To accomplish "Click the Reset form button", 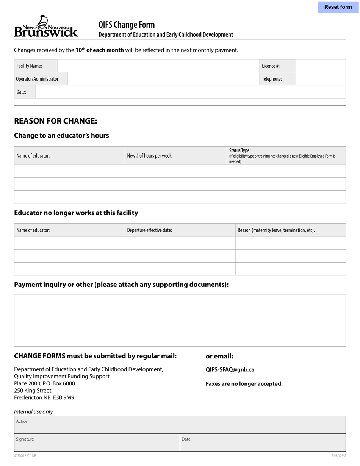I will [338, 7].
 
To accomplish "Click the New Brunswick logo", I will [46, 27].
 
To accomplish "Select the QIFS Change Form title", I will [127, 25].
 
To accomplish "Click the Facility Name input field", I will [158, 66].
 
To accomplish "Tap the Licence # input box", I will [321, 66].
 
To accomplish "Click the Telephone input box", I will [321, 79].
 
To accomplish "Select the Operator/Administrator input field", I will [163, 79].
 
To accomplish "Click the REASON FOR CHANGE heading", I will [56, 121].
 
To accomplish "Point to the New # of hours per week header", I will [150, 156].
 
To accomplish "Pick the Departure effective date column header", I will [149, 230].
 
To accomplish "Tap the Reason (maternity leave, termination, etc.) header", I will [276, 230].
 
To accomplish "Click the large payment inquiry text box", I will [180, 321].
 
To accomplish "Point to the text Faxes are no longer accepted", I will [244, 384].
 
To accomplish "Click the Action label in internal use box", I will [22, 421].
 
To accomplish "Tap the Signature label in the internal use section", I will [25, 439].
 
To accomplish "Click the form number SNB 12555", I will [339, 456].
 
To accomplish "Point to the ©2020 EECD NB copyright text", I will [25, 456].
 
